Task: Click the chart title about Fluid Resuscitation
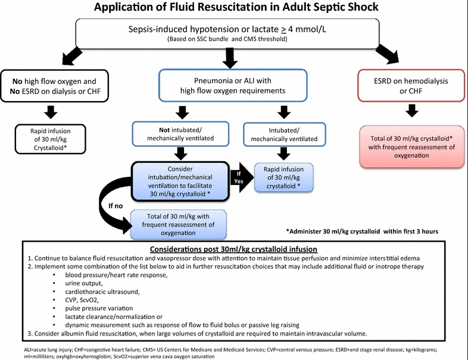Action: [236, 7]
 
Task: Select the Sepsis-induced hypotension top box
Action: [227, 33]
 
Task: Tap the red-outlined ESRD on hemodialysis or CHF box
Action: [411, 86]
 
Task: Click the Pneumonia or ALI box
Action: [233, 85]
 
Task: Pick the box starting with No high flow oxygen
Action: [55, 86]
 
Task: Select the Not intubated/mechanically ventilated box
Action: [180, 134]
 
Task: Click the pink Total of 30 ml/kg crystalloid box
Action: [411, 147]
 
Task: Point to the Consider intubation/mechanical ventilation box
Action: [180, 181]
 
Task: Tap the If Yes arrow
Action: [242, 177]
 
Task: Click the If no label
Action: [116, 206]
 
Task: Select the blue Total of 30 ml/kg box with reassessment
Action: [178, 224]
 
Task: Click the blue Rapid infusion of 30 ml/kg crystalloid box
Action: [283, 177]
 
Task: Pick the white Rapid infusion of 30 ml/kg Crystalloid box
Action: [51, 139]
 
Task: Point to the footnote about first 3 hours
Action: [362, 231]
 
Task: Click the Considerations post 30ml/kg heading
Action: [233, 249]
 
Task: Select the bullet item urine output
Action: [84, 283]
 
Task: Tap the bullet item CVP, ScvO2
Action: [82, 300]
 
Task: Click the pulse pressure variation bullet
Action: [99, 308]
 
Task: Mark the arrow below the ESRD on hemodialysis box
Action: [412, 110]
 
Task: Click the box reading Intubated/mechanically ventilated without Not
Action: [285, 134]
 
